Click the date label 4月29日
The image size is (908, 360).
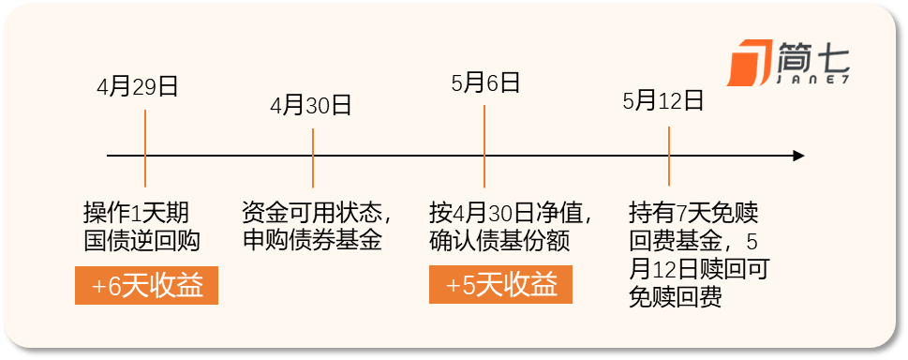137,87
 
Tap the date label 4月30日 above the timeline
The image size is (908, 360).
311,106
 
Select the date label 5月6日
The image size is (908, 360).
485,82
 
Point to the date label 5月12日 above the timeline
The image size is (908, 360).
663,101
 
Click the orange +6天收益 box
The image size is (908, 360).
146,285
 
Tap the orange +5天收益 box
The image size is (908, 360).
500,284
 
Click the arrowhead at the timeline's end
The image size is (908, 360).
798,156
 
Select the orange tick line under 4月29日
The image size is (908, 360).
144,148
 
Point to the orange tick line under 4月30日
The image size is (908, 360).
313,157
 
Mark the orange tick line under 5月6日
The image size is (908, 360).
484,146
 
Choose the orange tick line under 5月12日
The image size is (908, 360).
669,156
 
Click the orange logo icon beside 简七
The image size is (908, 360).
750,63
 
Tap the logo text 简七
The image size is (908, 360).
813,57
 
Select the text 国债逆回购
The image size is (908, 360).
141,240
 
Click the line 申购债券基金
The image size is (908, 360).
312,240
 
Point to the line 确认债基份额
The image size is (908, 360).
500,240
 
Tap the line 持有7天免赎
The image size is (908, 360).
693,214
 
